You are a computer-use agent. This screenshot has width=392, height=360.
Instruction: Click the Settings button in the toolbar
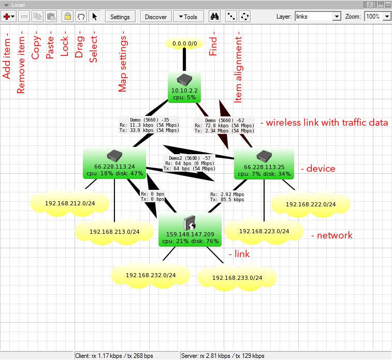click(120, 17)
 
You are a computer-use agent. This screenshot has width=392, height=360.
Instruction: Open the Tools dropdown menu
click(188, 17)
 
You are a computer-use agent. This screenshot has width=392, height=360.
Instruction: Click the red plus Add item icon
click(9, 17)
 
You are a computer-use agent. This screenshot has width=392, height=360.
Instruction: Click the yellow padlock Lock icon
click(67, 17)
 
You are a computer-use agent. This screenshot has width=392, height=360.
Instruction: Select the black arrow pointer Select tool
click(95, 17)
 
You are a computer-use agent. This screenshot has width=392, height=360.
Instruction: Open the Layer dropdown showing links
click(317, 17)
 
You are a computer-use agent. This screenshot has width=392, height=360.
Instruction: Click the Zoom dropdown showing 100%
click(379, 17)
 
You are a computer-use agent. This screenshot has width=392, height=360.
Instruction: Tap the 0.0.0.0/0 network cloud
click(184, 44)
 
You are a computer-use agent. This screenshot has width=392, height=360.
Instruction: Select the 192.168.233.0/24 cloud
click(237, 278)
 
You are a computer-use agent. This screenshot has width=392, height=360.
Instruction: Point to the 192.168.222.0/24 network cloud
click(310, 204)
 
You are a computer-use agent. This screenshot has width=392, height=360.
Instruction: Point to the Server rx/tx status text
click(223, 356)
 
